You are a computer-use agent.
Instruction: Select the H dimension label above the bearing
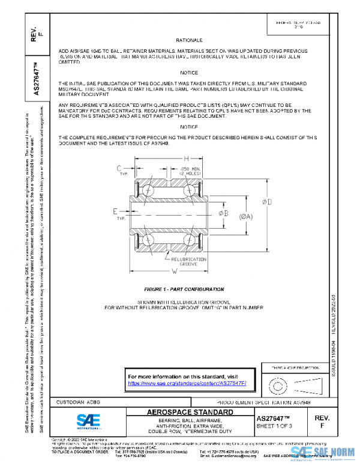(170, 157)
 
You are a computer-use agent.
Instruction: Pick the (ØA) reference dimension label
(245, 217)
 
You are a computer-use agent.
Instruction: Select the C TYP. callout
(120, 170)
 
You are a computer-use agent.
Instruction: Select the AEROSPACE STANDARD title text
(190, 413)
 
